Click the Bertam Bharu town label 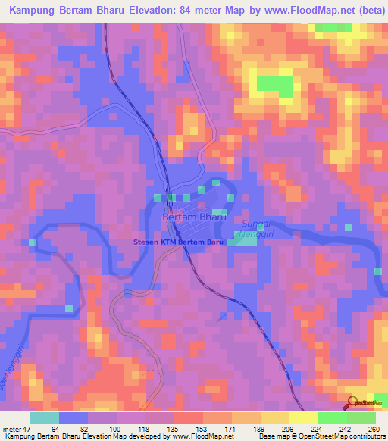(194, 217)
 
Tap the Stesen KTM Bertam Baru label (180, 242)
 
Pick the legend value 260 (373, 428)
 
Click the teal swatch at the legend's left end (45, 418)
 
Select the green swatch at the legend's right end (361, 418)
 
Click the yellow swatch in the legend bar (303, 418)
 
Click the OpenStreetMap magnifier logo (353, 402)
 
